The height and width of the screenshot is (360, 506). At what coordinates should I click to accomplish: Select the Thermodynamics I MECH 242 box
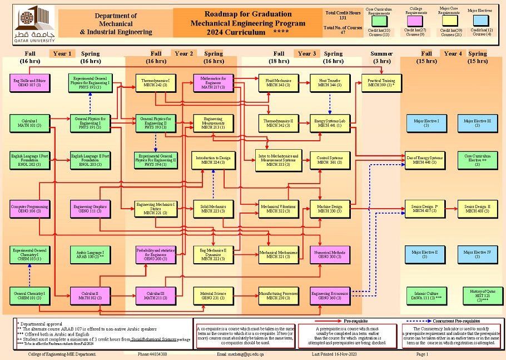pyautogui.click(x=155, y=83)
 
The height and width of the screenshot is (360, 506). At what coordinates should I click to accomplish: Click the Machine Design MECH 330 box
pyautogui.click(x=330, y=209)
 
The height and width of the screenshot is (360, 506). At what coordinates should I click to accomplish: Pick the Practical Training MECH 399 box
pyautogui.click(x=381, y=83)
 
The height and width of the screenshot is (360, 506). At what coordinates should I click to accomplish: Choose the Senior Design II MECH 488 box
pyautogui.click(x=477, y=209)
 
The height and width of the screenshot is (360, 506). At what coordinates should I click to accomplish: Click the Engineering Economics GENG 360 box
pyautogui.click(x=330, y=295)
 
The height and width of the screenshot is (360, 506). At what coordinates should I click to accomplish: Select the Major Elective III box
pyautogui.click(x=477, y=123)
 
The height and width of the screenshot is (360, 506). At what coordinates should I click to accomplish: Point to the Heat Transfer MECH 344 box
pyautogui.click(x=330, y=83)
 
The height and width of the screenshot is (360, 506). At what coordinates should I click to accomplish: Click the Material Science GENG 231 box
pyautogui.click(x=213, y=295)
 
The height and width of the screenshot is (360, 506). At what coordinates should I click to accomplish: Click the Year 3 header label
pyautogui.click(x=307, y=54)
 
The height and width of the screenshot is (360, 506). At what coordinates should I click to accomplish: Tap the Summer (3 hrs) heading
pyautogui.click(x=381, y=57)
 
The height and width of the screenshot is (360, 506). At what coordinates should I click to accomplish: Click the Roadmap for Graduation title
pyautogui.click(x=248, y=14)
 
